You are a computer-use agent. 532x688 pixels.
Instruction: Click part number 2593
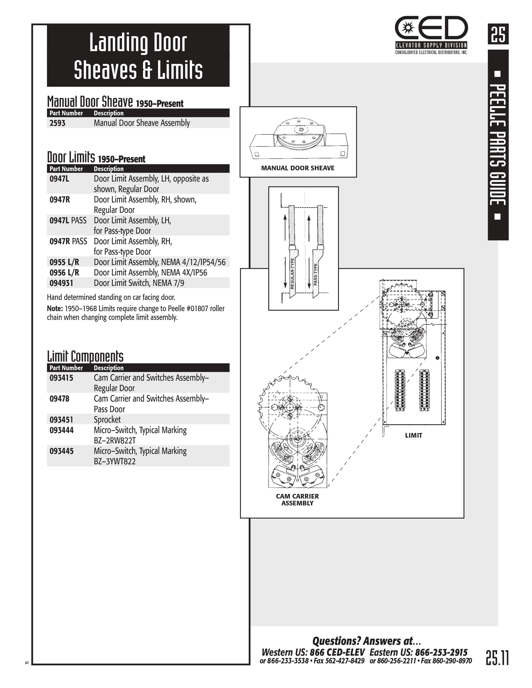[57, 123]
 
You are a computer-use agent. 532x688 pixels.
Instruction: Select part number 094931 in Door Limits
[61, 283]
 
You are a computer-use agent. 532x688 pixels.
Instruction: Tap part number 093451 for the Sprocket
[61, 420]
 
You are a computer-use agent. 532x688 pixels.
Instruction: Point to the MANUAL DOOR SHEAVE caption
[298, 168]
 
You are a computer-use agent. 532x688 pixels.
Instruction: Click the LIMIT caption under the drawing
[413, 435]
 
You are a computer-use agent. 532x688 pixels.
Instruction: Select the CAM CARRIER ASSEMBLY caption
[297, 500]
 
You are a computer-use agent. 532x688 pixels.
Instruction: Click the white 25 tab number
[498, 34]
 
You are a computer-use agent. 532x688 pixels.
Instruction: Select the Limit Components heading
[85, 356]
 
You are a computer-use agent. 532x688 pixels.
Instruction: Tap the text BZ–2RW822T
[115, 440]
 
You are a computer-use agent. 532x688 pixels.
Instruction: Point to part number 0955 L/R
[64, 262]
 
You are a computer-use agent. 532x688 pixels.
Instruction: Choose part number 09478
[59, 399]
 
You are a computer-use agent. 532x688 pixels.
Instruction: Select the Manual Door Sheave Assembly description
[142, 123]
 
